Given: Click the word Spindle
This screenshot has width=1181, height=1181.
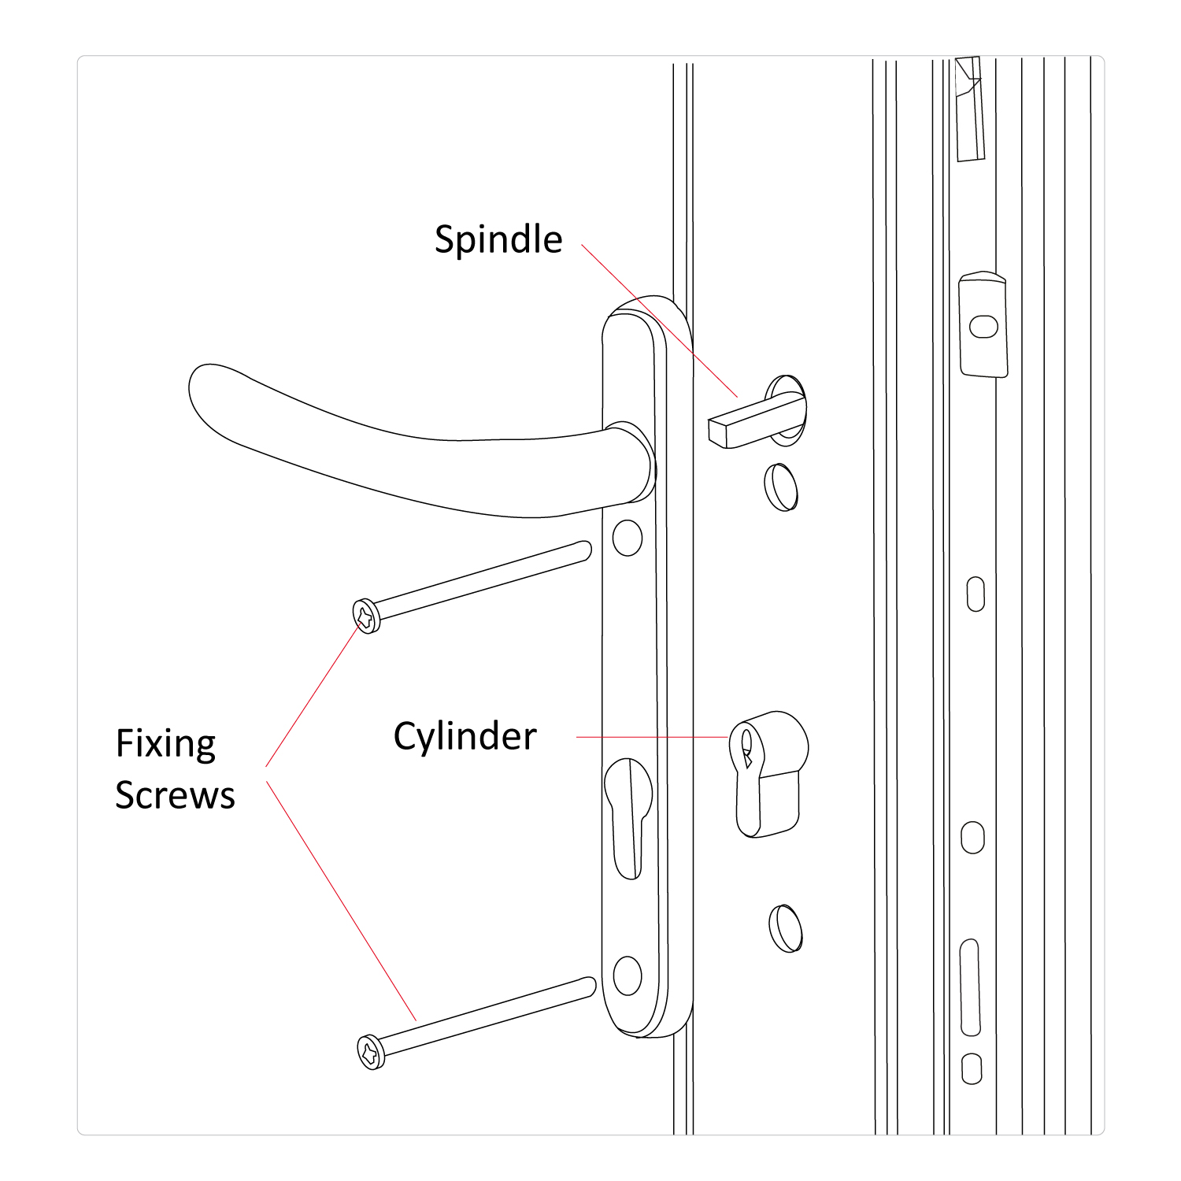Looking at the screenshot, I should pos(498,239).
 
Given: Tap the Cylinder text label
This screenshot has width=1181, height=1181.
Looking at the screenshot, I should pos(465,737).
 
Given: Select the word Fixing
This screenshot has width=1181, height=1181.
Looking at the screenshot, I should pos(165,744).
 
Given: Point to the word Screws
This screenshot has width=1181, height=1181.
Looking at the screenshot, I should pos(175,795).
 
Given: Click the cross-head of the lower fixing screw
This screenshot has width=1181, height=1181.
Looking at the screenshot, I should pos(371,1052).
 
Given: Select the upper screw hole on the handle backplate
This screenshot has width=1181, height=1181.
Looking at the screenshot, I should pos(628,538).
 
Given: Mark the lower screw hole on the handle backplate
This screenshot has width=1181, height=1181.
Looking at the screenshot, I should pos(628,976).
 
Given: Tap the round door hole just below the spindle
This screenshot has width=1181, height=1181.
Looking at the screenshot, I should pos(780,487).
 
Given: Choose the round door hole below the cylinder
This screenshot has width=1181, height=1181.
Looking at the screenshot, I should pos(785,928).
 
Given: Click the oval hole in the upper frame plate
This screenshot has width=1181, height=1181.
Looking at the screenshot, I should pos(983,326).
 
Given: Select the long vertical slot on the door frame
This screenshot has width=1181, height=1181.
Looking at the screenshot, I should pos(970,987).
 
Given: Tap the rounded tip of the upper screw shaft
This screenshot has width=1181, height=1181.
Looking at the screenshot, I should pos(584,550).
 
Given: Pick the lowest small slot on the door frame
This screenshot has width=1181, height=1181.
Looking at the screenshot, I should pos(972,1069).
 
